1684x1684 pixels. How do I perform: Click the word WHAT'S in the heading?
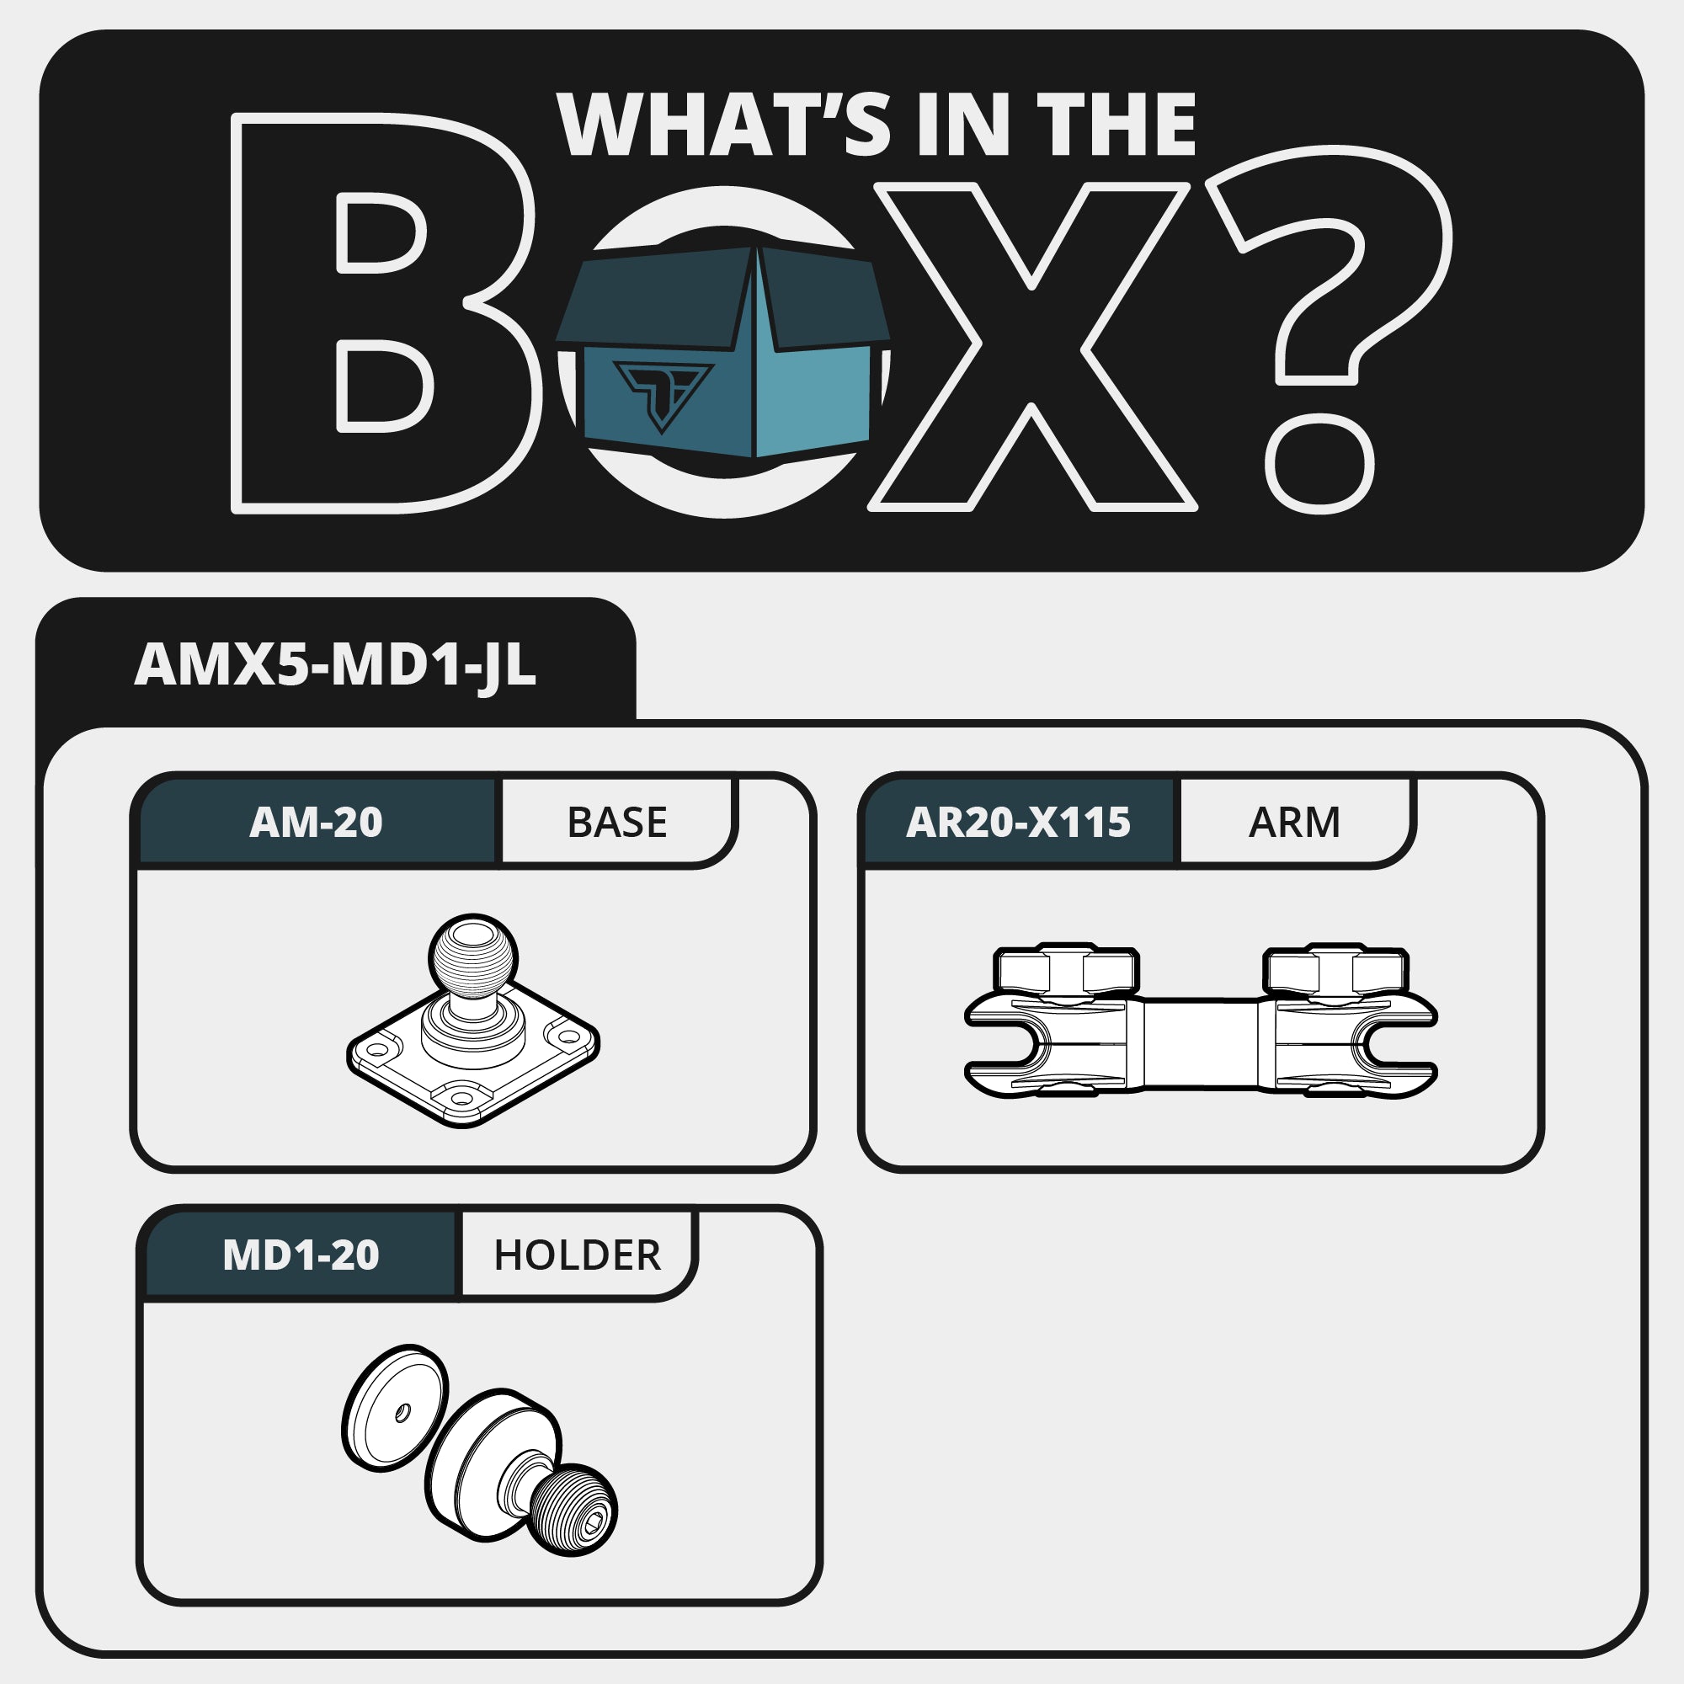point(724,124)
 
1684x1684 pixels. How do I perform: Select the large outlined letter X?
point(1032,346)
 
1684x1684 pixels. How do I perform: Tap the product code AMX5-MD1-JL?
point(335,666)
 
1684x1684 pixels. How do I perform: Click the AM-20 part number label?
point(316,822)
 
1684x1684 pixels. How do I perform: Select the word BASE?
point(617,823)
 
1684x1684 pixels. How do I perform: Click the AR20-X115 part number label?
point(1018,822)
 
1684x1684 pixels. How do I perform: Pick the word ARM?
point(1294,823)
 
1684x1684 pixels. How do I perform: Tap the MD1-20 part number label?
point(301,1255)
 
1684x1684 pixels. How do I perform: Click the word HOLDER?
point(577,1256)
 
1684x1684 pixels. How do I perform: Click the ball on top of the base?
point(473,957)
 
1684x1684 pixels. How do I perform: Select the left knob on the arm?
point(1065,969)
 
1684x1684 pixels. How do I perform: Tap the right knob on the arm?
point(1335,969)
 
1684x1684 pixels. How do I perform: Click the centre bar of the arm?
point(1200,1043)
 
